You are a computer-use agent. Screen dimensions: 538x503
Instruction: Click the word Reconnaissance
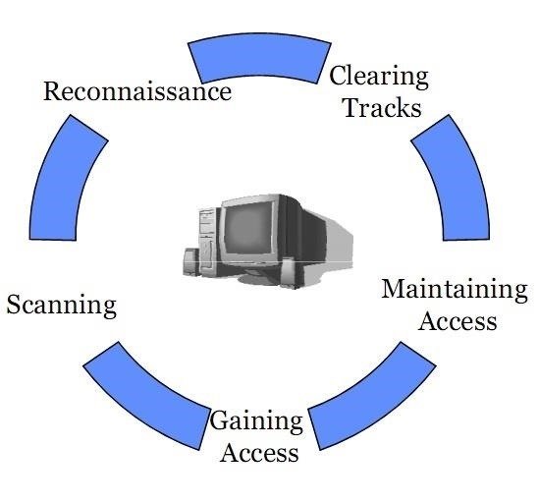(137, 91)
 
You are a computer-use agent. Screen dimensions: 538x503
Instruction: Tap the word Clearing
(379, 78)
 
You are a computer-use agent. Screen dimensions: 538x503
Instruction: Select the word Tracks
(383, 107)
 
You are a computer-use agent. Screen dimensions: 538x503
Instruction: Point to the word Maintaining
(455, 291)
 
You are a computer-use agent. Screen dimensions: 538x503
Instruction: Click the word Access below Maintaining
(457, 321)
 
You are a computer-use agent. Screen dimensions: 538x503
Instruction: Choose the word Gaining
(256, 422)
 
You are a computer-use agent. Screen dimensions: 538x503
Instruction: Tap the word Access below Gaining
(259, 453)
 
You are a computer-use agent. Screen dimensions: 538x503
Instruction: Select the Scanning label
(62, 306)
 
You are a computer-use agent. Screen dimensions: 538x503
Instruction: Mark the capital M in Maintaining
(395, 289)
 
